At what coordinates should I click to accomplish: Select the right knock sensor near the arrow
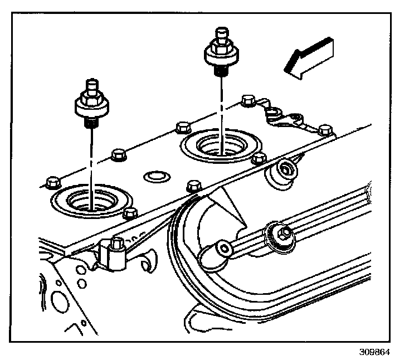221,52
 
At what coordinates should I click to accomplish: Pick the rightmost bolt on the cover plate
325,132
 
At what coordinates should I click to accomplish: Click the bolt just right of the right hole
258,159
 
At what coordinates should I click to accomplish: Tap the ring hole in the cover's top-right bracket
272,114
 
